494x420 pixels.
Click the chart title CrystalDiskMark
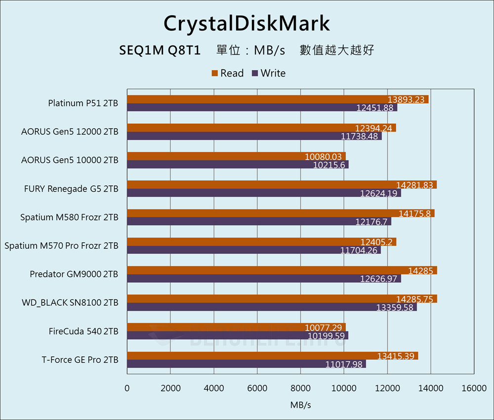point(247,23)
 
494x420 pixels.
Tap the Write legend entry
point(269,73)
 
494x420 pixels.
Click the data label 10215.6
point(329,165)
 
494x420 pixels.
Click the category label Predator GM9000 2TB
point(74,274)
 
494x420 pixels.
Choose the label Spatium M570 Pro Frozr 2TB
point(61,246)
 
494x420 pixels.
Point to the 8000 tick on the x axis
point(300,388)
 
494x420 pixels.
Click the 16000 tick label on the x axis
point(474,388)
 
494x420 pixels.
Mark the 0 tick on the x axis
point(127,388)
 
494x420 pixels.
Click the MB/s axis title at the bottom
point(300,405)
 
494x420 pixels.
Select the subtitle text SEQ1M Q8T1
point(160,50)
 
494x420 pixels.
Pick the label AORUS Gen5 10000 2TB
point(70,161)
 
